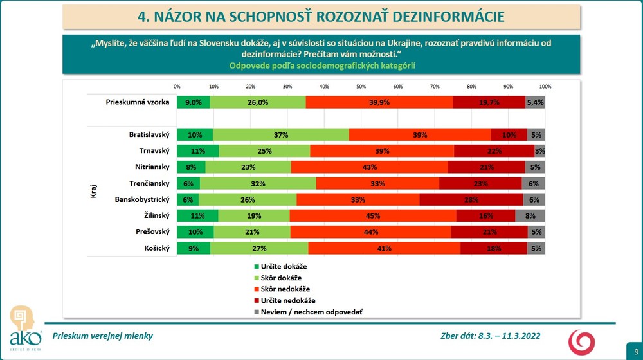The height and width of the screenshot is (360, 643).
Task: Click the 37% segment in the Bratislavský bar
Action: click(x=281, y=135)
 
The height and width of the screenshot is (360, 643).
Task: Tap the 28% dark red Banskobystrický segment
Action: click(x=471, y=199)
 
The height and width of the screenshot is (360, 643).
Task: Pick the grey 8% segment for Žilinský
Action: click(x=530, y=215)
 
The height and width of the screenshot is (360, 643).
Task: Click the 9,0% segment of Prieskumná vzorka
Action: click(x=194, y=102)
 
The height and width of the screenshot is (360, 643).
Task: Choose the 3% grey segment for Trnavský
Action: click(x=540, y=151)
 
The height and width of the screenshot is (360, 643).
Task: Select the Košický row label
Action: click(x=155, y=248)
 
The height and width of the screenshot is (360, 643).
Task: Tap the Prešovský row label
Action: click(x=152, y=231)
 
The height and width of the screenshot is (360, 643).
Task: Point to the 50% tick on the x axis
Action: click(x=361, y=87)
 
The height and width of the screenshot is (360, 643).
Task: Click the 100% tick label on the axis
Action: click(x=545, y=87)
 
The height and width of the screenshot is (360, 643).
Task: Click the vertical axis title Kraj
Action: click(x=94, y=192)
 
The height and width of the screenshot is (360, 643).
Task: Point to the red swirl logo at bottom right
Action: click(x=583, y=341)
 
